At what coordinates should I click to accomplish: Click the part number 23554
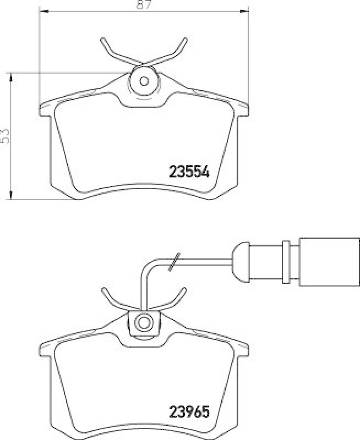[x=188, y=171]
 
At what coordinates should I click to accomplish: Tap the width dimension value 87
[x=145, y=5]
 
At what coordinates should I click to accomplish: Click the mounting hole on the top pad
[x=144, y=81]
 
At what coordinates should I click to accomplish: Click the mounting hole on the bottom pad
[x=144, y=322]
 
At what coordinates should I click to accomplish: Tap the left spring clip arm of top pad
[x=112, y=52]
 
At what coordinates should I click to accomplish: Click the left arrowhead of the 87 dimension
[x=43, y=12]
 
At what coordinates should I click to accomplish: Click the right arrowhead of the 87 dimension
[x=245, y=12]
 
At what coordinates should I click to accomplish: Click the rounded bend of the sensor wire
[x=148, y=267]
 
